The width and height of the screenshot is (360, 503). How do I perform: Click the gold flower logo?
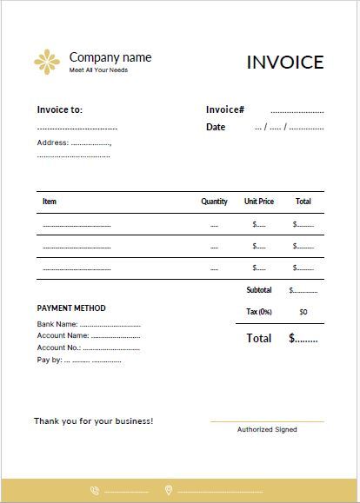click(47, 62)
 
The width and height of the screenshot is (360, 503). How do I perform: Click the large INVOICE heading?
click(285, 63)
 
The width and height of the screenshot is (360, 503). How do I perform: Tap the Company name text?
click(110, 57)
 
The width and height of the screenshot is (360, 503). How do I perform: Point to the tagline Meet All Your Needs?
click(98, 70)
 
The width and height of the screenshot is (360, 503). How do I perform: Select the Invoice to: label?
click(60, 110)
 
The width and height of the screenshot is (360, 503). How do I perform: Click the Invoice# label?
click(224, 109)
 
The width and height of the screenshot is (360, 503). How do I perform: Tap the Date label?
click(216, 127)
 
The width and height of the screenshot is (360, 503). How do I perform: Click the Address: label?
click(52, 142)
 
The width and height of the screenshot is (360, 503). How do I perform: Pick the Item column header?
click(50, 202)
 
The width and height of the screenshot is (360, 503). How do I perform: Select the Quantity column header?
click(214, 202)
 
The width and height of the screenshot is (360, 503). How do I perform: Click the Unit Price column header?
click(259, 202)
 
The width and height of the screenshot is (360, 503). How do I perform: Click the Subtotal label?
click(259, 290)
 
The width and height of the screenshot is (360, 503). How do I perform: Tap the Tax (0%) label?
click(259, 311)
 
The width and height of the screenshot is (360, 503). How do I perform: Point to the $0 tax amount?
click(303, 311)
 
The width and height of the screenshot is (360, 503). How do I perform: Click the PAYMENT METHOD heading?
click(71, 308)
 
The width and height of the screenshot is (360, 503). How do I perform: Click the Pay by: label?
click(50, 359)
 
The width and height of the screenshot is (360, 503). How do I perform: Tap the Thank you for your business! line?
click(93, 421)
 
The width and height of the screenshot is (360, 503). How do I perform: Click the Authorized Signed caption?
click(267, 429)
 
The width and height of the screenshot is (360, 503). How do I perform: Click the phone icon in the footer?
click(94, 491)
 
